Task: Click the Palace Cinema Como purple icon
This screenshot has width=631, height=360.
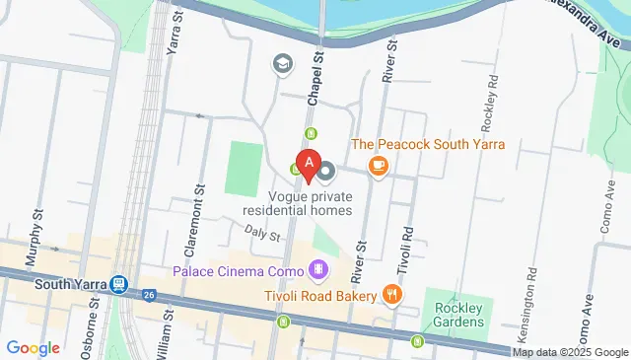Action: [x=318, y=268]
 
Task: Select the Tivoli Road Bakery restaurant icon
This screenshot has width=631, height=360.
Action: [x=392, y=295]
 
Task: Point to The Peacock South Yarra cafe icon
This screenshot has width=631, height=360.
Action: [x=378, y=166]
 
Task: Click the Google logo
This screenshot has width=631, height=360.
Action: [x=33, y=347]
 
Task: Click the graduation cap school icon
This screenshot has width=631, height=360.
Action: [x=283, y=65]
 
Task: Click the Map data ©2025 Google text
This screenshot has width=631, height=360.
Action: [x=571, y=352]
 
